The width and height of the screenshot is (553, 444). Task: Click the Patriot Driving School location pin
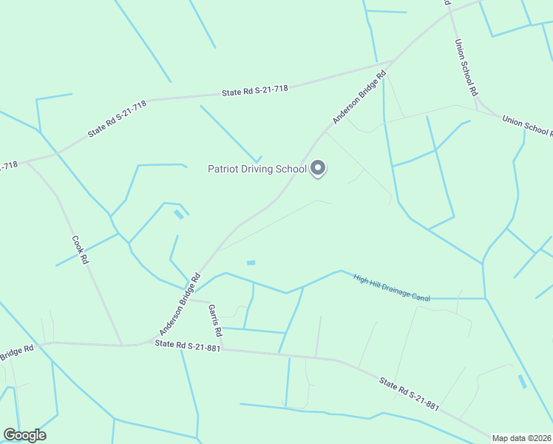coord(318,169)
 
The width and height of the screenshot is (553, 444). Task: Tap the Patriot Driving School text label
coord(257,169)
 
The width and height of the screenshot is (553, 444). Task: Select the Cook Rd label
coord(80,250)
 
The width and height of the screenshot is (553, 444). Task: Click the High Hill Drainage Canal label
coord(391,288)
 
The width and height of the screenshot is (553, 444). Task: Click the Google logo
coord(24,435)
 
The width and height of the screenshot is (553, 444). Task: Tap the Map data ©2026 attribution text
coord(522,437)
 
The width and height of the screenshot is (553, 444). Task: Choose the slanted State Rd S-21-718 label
coord(117,118)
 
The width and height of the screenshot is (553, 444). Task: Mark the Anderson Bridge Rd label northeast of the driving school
coord(359,97)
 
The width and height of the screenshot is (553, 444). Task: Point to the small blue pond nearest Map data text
coord(523,382)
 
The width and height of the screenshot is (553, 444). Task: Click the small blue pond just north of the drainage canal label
coord(251,263)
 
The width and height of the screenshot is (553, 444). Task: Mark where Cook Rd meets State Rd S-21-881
coord(122,345)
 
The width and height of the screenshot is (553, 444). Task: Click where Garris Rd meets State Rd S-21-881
coord(223,348)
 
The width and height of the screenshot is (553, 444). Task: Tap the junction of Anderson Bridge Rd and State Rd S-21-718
coord(394,61)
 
